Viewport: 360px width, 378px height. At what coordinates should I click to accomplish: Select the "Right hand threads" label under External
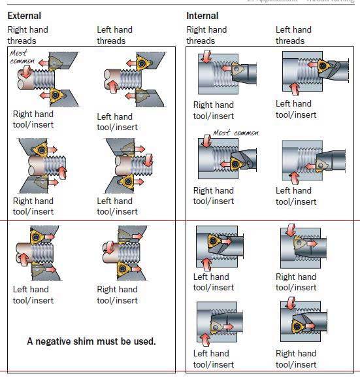(x=27, y=35)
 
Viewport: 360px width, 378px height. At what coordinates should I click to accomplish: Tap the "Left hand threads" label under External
(x=114, y=35)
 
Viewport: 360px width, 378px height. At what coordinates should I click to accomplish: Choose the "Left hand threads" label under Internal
(x=294, y=35)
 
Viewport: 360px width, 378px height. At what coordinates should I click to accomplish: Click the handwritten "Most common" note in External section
(x=23, y=57)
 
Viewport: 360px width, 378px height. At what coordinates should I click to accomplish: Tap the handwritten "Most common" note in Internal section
(x=236, y=133)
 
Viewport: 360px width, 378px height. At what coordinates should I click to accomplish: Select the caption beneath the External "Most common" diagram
(x=33, y=120)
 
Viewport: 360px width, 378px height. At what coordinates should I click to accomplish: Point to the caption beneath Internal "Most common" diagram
(x=214, y=196)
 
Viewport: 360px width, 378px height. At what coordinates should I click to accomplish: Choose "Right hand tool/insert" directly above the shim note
(x=118, y=295)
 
